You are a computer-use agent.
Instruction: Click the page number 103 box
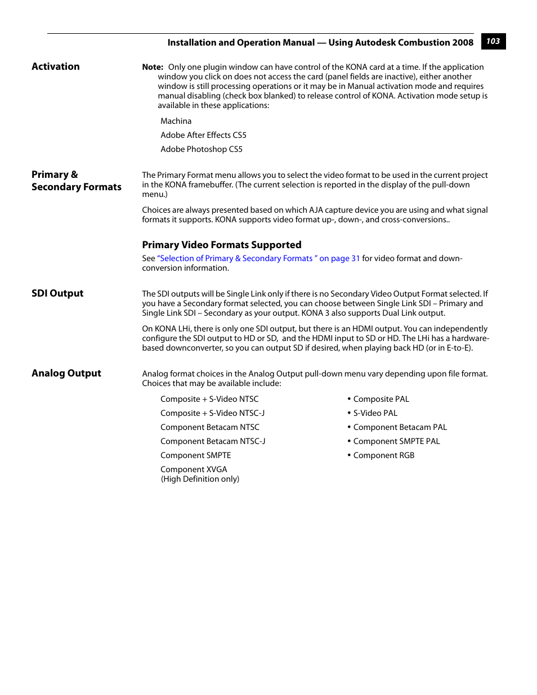[x=493, y=42]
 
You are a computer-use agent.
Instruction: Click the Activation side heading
[x=56, y=66]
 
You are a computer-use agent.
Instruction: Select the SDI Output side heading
[x=57, y=293]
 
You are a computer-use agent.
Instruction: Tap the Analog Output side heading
[x=66, y=373]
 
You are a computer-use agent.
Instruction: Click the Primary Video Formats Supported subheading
[x=222, y=245]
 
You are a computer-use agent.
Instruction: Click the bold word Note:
[x=153, y=67]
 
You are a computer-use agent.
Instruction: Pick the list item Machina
[x=176, y=121]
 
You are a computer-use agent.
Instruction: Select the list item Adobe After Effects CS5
[x=203, y=135]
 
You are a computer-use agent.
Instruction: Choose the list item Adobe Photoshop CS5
[x=202, y=149]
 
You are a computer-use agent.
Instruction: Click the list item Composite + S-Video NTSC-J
[x=212, y=413]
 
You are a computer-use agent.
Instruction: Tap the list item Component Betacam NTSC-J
[x=213, y=441]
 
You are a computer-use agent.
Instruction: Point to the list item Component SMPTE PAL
[x=396, y=441]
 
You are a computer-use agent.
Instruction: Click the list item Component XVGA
[x=194, y=469]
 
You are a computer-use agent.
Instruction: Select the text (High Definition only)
[x=200, y=479]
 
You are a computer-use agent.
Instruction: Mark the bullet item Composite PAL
[x=381, y=399]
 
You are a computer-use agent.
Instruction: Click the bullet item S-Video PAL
[x=375, y=413]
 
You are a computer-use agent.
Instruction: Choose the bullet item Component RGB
[x=383, y=455]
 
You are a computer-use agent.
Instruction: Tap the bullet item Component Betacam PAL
[x=400, y=427]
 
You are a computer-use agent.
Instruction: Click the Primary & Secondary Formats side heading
[x=77, y=181]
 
